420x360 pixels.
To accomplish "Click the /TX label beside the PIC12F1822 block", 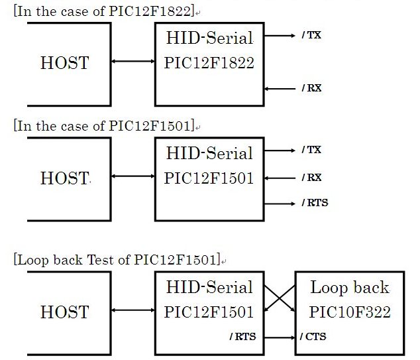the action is [x=311, y=35].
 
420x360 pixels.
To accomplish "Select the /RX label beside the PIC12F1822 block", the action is [x=311, y=88].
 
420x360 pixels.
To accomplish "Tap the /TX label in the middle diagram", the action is [x=311, y=150].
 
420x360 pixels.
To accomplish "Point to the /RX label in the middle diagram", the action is [x=311, y=178].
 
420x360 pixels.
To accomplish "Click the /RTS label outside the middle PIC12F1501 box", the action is [x=315, y=203].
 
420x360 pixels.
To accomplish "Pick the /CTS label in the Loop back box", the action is [x=313, y=337].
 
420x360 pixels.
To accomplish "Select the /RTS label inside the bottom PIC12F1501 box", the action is [x=242, y=337].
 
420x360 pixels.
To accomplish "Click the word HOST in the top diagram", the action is [x=65, y=63].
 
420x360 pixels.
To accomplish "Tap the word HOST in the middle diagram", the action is [x=65, y=178].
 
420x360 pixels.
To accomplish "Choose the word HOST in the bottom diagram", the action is [x=65, y=312].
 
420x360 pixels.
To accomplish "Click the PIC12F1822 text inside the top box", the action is [x=209, y=63].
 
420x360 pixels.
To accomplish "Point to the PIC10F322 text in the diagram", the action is [x=350, y=312].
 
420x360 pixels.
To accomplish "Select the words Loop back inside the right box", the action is [x=350, y=288].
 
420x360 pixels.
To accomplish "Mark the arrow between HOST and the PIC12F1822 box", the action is [x=133, y=62].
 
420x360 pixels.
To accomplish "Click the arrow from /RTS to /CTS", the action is [x=280, y=337].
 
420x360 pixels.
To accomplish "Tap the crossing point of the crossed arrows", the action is [x=280, y=298].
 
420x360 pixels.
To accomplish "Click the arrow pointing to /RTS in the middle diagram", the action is [x=280, y=204].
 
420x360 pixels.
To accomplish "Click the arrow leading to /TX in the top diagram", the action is [x=280, y=35].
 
